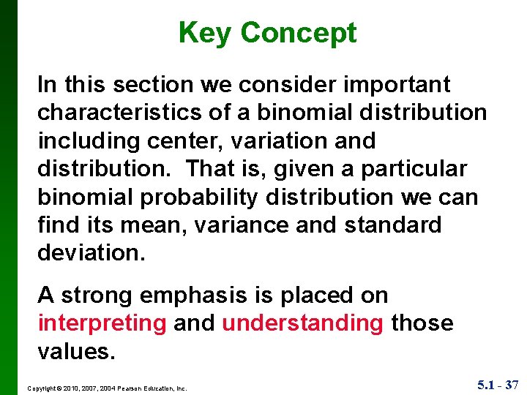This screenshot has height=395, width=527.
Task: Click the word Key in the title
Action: pyautogui.click(x=205, y=33)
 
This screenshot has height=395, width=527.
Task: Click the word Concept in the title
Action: pyautogui.click(x=298, y=33)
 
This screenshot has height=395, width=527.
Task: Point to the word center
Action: pyautogui.click(x=184, y=140)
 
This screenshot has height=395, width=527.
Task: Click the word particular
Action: pyautogui.click(x=414, y=169)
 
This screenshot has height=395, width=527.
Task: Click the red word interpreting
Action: pyautogui.click(x=102, y=323)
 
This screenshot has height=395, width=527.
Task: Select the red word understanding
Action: pyautogui.click(x=302, y=323)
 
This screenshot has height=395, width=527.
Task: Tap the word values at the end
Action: pyautogui.click(x=75, y=351)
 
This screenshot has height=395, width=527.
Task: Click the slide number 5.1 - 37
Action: pyautogui.click(x=497, y=385)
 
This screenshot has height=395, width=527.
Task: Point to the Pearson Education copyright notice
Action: pyautogui.click(x=107, y=388)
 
